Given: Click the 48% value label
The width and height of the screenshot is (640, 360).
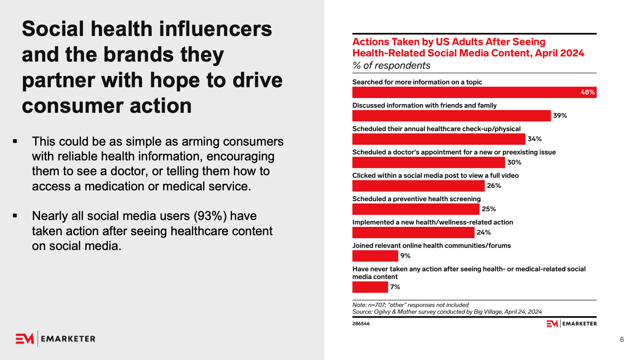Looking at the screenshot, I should [x=587, y=92].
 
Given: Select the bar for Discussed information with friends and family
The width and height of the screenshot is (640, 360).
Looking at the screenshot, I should [x=451, y=116].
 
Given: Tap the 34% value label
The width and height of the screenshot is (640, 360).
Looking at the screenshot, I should [x=534, y=139].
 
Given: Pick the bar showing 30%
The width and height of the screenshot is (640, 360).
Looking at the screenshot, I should [x=428, y=162].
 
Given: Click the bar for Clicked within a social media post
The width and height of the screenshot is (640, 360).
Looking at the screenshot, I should [x=418, y=186].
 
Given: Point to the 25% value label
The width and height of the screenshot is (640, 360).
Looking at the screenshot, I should [x=488, y=209].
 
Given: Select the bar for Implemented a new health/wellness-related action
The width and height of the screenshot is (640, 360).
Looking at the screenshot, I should [x=413, y=232].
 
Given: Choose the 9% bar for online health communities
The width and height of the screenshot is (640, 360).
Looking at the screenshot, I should [x=375, y=256].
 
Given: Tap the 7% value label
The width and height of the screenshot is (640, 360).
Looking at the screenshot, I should [x=395, y=287].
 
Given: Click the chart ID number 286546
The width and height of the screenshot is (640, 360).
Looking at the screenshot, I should [x=361, y=324].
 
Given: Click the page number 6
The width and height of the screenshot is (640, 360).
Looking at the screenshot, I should [x=622, y=340].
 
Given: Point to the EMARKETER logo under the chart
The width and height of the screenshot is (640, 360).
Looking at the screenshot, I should [x=572, y=324].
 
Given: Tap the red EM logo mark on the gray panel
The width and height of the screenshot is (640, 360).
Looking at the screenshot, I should [x=25, y=339].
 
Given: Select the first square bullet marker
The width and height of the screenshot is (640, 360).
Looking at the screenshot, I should [x=15, y=141].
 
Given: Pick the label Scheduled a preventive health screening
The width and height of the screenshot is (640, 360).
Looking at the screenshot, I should [x=416, y=199].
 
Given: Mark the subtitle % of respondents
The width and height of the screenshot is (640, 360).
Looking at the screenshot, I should [x=391, y=66].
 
